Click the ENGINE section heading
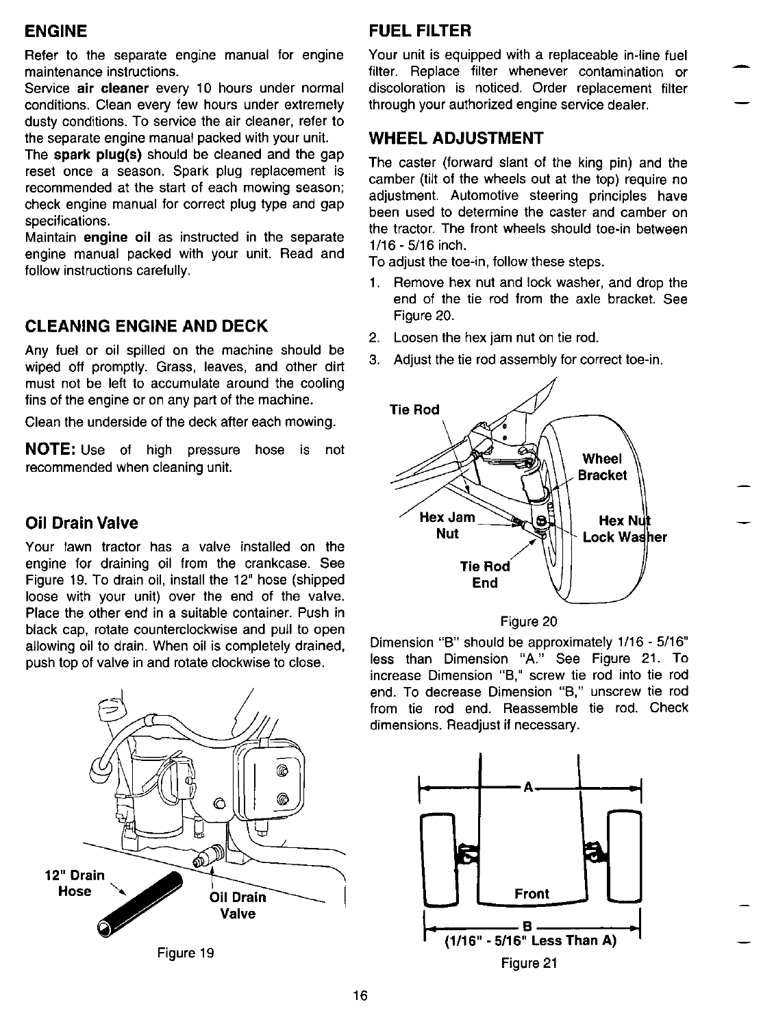pyautogui.click(x=56, y=32)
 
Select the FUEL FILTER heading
pyautogui.click(x=420, y=31)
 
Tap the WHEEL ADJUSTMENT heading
pyautogui.click(x=455, y=138)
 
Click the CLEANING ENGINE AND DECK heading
pyautogui.click(x=146, y=325)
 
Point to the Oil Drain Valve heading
pyautogui.click(x=82, y=523)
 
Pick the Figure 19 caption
pyautogui.click(x=186, y=953)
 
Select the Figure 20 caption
pyautogui.click(x=529, y=622)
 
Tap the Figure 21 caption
pyautogui.click(x=529, y=964)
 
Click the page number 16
pyautogui.click(x=362, y=996)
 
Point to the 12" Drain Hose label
pyautogui.click(x=75, y=883)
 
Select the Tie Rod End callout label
pyautogui.click(x=485, y=575)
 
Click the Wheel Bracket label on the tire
pyautogui.click(x=602, y=466)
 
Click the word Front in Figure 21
pyautogui.click(x=532, y=894)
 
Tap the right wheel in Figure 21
pyautogui.click(x=624, y=856)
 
